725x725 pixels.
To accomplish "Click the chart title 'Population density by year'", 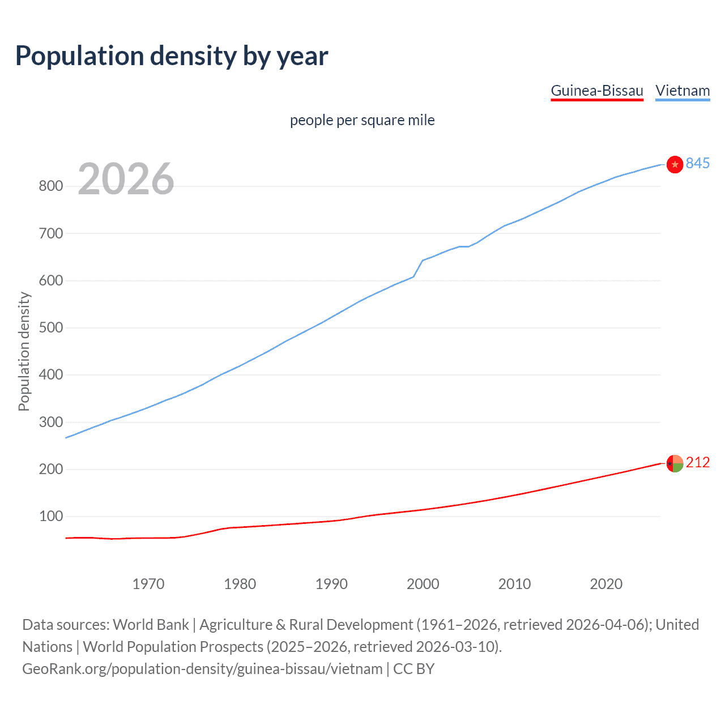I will click(x=172, y=56).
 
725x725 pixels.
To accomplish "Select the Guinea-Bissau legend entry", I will click(x=597, y=91).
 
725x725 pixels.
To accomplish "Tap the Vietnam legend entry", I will click(x=683, y=91).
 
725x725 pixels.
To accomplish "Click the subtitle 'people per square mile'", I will click(x=362, y=120).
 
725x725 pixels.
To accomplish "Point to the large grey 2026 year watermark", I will click(x=126, y=179).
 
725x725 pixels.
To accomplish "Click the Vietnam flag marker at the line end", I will click(x=675, y=164).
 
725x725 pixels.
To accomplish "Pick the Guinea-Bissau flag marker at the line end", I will click(x=675, y=463).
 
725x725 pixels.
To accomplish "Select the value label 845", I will click(x=698, y=163).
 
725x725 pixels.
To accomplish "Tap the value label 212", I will click(x=698, y=463).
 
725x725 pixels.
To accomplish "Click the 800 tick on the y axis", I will click(x=50, y=186).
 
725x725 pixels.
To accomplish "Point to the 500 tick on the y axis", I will click(x=50, y=328).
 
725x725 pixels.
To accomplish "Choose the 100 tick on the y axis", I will click(x=50, y=517).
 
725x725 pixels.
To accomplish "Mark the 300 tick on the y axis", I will click(x=50, y=422).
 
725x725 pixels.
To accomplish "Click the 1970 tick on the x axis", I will click(x=148, y=584).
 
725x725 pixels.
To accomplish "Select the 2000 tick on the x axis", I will click(x=423, y=584).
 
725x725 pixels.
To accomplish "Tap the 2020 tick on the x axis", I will click(x=606, y=584).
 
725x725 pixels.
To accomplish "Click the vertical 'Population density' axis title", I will click(x=24, y=351).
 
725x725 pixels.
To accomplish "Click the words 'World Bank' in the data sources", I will click(x=151, y=625).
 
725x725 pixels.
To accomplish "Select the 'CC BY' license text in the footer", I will click(x=413, y=669).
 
